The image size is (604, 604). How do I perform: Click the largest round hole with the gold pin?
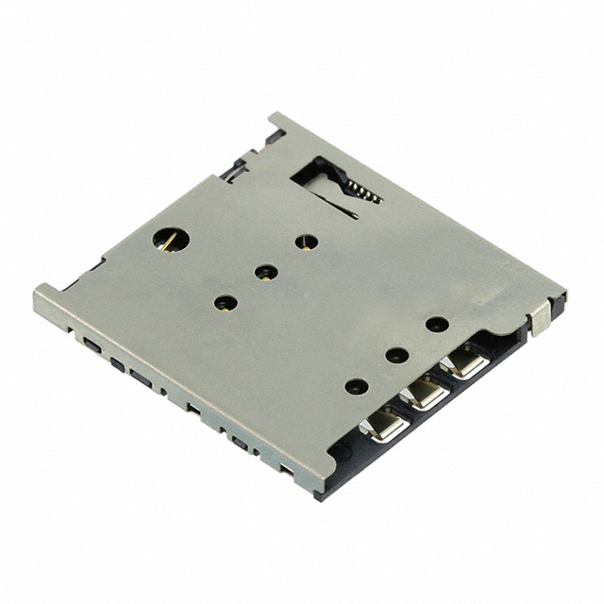(x=171, y=239)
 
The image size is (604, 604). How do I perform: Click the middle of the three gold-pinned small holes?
(x=266, y=273)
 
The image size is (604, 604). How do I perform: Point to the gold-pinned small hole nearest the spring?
(x=306, y=242)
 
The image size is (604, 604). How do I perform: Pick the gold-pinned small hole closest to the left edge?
(x=225, y=303)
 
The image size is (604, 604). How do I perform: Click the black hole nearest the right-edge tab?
(x=436, y=324)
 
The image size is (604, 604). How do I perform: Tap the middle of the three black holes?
(x=396, y=356)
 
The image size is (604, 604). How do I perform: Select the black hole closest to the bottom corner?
(x=356, y=386)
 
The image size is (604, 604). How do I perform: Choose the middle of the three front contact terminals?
(x=427, y=393)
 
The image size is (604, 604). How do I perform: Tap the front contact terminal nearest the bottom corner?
(x=387, y=426)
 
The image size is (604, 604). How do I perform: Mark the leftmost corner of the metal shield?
(x=38, y=295)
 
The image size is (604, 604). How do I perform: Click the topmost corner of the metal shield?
(x=275, y=116)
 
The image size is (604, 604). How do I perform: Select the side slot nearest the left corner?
(x=91, y=344)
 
